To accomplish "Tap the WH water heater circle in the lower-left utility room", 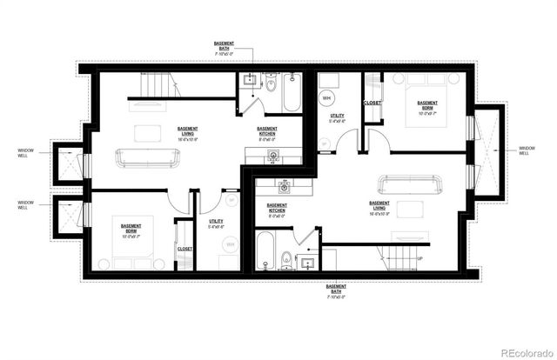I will click(231, 245).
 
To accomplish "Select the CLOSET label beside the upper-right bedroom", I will click(372, 103).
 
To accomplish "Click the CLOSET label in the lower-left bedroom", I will click(185, 249).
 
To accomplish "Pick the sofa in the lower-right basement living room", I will click(410, 186).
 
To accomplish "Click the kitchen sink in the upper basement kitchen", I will click(272, 157).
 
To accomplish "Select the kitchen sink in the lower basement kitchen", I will click(284, 185).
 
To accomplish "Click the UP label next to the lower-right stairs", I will click(420, 258).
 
